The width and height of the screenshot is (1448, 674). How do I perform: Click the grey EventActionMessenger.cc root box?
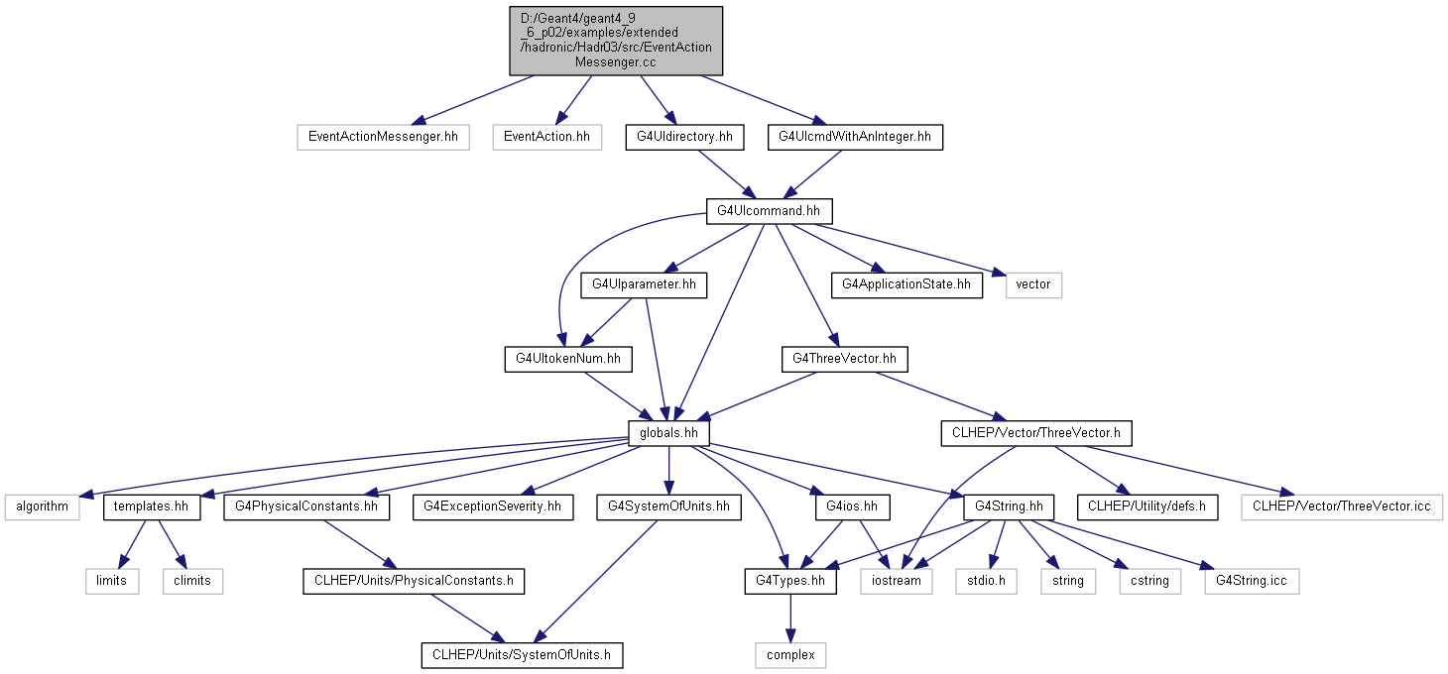click(615, 41)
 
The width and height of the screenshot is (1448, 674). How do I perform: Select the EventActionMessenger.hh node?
click(384, 137)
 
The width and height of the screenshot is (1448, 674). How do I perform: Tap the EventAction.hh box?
click(546, 137)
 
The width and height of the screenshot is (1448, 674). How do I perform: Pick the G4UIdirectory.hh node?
click(684, 137)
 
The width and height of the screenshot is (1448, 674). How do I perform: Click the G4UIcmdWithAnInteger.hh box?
click(855, 137)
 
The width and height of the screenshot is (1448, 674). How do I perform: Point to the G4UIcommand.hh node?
click(769, 211)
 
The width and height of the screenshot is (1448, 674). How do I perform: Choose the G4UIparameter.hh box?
click(644, 285)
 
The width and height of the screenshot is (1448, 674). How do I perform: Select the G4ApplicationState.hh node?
click(906, 285)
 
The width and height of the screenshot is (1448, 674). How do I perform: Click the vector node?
click(1033, 285)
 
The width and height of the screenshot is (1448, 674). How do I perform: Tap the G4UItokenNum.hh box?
click(568, 359)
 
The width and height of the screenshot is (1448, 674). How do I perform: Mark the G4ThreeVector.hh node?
click(844, 359)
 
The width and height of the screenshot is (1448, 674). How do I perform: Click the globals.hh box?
click(669, 433)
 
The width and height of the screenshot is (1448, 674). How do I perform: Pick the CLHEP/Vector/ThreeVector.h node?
click(1036, 433)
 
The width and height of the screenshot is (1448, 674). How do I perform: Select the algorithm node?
click(42, 507)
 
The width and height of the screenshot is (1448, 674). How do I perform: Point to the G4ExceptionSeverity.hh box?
click(493, 507)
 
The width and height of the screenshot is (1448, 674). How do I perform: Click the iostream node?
click(896, 582)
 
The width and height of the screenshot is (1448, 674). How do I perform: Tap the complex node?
click(789, 655)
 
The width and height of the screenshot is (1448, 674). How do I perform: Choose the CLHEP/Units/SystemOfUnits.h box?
click(522, 655)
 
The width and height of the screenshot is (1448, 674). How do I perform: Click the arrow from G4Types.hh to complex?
click(789, 618)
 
